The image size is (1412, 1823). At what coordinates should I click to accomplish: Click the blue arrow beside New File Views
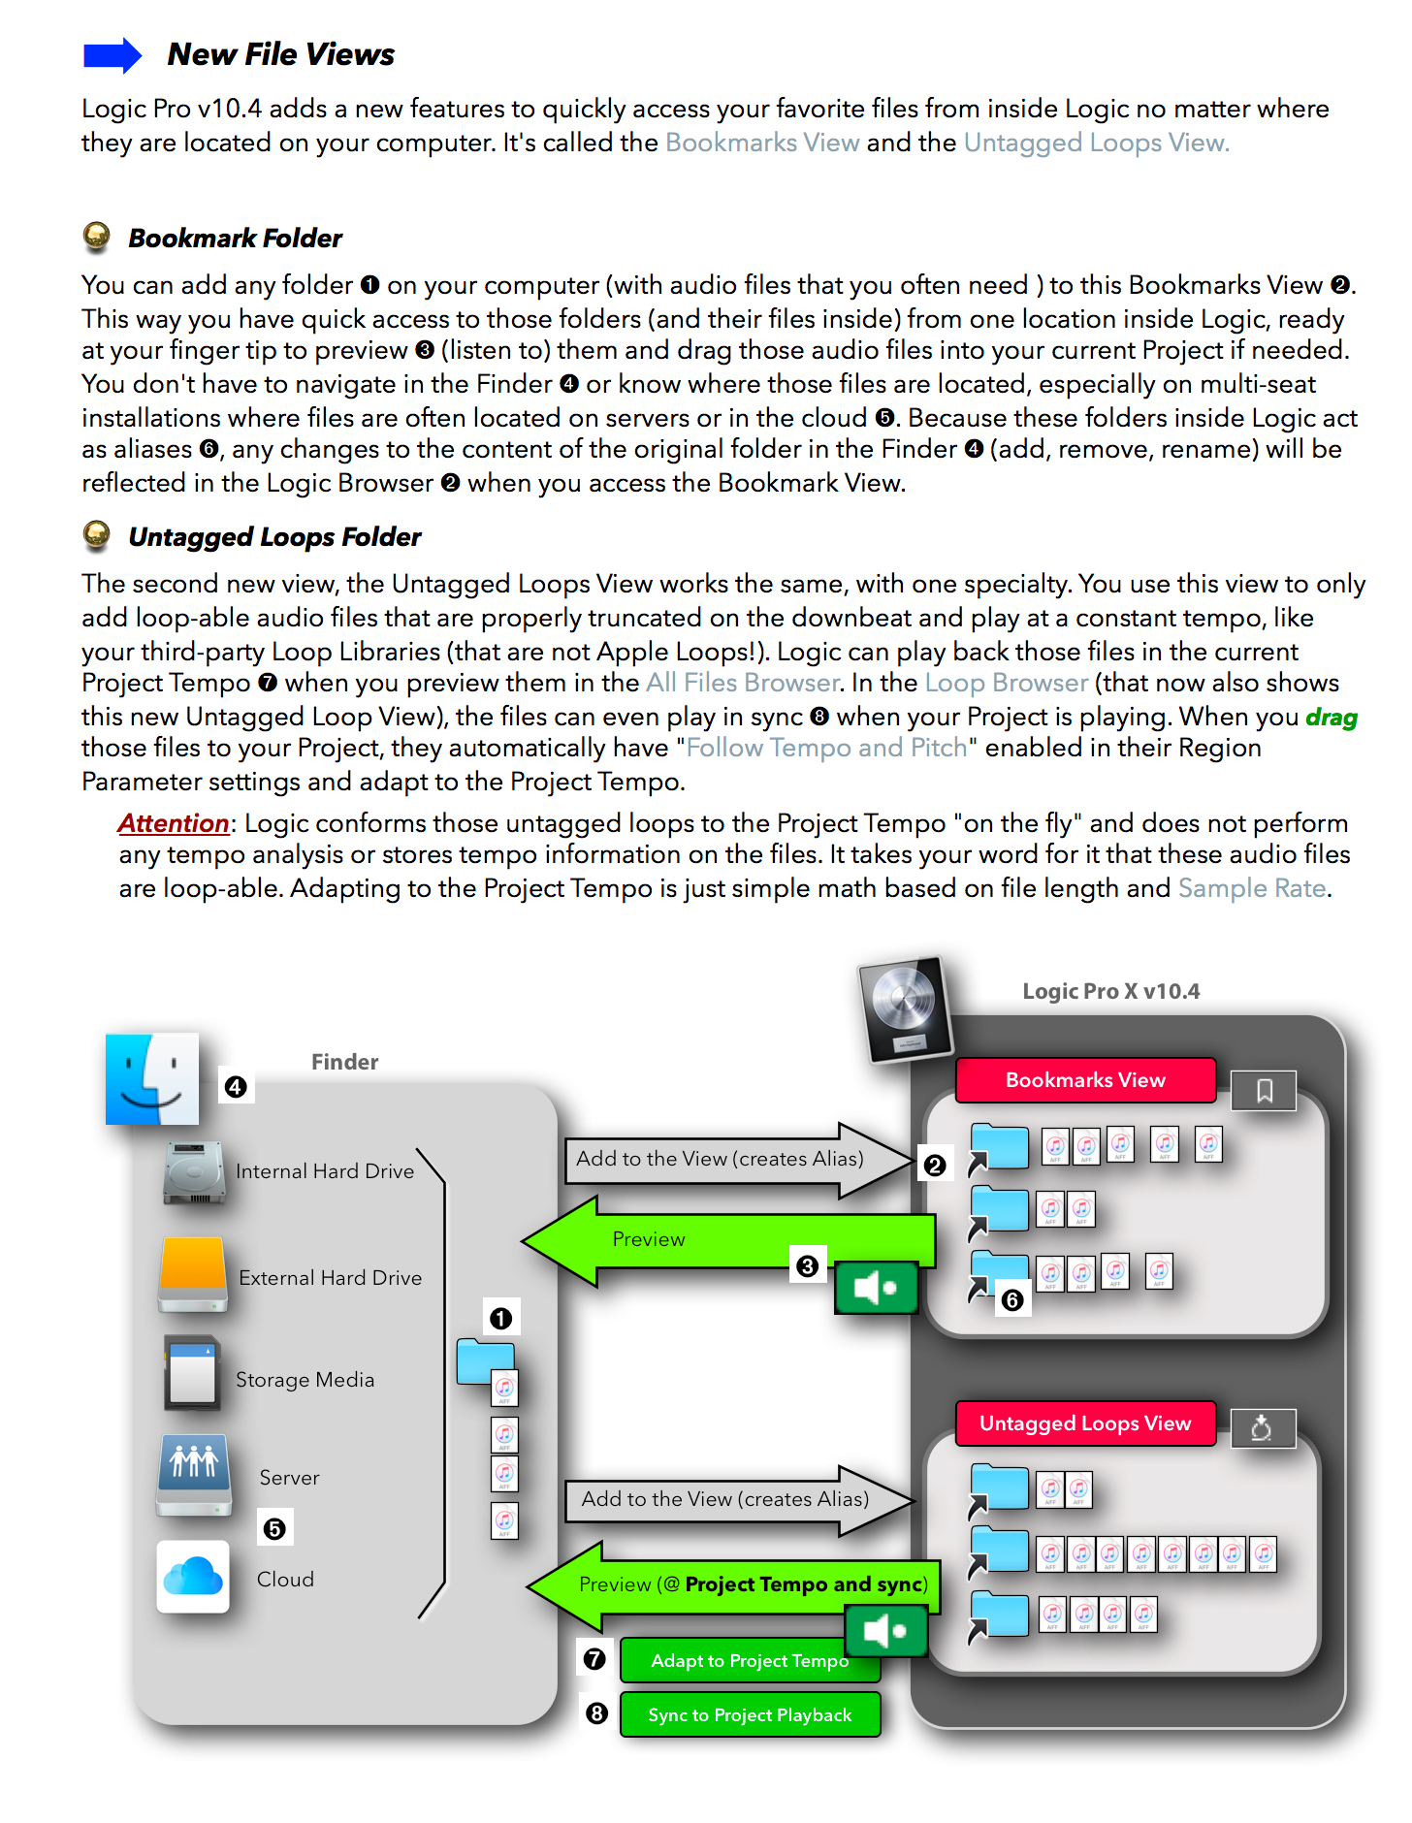point(112,55)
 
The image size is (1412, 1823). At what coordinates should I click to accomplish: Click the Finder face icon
point(152,1078)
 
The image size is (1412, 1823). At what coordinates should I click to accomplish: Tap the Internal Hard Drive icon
point(195,1172)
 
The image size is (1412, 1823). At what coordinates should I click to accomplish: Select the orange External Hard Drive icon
point(193,1274)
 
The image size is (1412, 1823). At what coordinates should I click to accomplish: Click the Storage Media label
point(305,1379)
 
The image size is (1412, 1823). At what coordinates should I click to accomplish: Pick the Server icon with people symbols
point(194,1473)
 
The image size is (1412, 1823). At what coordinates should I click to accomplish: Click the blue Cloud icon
point(193,1577)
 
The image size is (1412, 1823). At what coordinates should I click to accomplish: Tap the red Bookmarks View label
point(1084,1080)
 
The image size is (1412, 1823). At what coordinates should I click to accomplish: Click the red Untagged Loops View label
point(1084,1423)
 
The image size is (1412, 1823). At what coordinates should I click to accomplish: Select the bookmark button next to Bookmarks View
point(1264,1091)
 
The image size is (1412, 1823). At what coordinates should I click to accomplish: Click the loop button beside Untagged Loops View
point(1262,1428)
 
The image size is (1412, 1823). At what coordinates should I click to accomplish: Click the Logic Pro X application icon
point(904,1009)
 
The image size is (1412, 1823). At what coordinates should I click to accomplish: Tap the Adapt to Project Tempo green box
point(749,1661)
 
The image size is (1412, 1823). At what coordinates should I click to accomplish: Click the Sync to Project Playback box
point(750,1715)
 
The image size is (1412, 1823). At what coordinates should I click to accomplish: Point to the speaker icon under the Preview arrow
point(876,1288)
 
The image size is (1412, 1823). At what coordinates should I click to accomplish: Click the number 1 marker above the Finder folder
point(500,1319)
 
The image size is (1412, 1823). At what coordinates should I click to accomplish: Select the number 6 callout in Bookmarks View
point(1012,1300)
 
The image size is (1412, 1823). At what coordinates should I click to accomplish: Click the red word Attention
point(174,823)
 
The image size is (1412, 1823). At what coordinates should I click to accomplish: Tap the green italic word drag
point(1331,718)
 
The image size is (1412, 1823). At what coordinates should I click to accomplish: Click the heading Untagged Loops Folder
point(274,537)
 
